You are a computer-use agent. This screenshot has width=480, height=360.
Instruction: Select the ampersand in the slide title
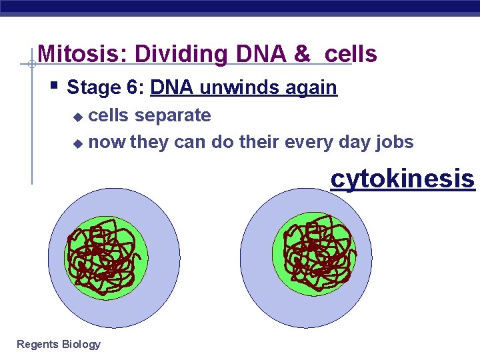pyautogui.click(x=302, y=54)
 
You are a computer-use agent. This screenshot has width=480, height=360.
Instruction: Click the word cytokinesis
pyautogui.click(x=403, y=179)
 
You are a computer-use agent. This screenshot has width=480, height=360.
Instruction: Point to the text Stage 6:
pyautogui.click(x=106, y=87)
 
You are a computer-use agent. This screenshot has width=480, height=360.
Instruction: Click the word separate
pyautogui.click(x=173, y=115)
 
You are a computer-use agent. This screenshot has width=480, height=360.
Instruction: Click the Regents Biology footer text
pyautogui.click(x=59, y=344)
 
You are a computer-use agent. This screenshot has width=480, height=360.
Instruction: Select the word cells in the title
pyautogui.click(x=351, y=54)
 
